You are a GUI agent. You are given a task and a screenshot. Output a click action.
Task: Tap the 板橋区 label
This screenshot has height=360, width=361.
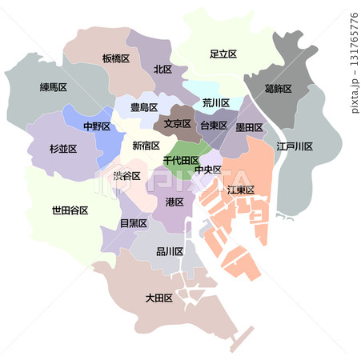[x=116, y=58]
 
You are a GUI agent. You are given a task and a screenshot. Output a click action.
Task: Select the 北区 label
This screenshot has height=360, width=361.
[x=163, y=70]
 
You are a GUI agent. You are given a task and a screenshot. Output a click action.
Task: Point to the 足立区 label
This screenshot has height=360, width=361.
[x=223, y=54]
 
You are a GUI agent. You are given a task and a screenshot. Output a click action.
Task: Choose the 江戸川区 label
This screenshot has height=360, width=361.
[x=295, y=146]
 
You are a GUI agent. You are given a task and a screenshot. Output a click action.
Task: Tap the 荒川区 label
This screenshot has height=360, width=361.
[x=216, y=103]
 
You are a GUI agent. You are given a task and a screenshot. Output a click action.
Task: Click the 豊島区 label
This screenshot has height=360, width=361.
[x=144, y=107]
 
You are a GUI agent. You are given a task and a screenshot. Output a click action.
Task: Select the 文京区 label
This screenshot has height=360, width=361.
[x=178, y=124]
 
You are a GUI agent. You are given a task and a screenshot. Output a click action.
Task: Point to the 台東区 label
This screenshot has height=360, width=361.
[x=213, y=126]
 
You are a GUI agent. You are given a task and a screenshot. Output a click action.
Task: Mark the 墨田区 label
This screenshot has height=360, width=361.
[x=249, y=126]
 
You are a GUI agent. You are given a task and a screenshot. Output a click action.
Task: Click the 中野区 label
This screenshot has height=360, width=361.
[x=96, y=126]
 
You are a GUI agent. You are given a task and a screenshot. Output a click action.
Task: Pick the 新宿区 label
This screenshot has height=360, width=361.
[x=146, y=146]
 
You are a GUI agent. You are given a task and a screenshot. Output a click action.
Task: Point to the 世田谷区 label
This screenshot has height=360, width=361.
[x=70, y=210]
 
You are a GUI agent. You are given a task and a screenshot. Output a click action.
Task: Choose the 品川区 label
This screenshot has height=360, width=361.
[x=170, y=251]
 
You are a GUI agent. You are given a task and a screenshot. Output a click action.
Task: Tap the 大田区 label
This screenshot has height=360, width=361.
[x=159, y=298]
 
